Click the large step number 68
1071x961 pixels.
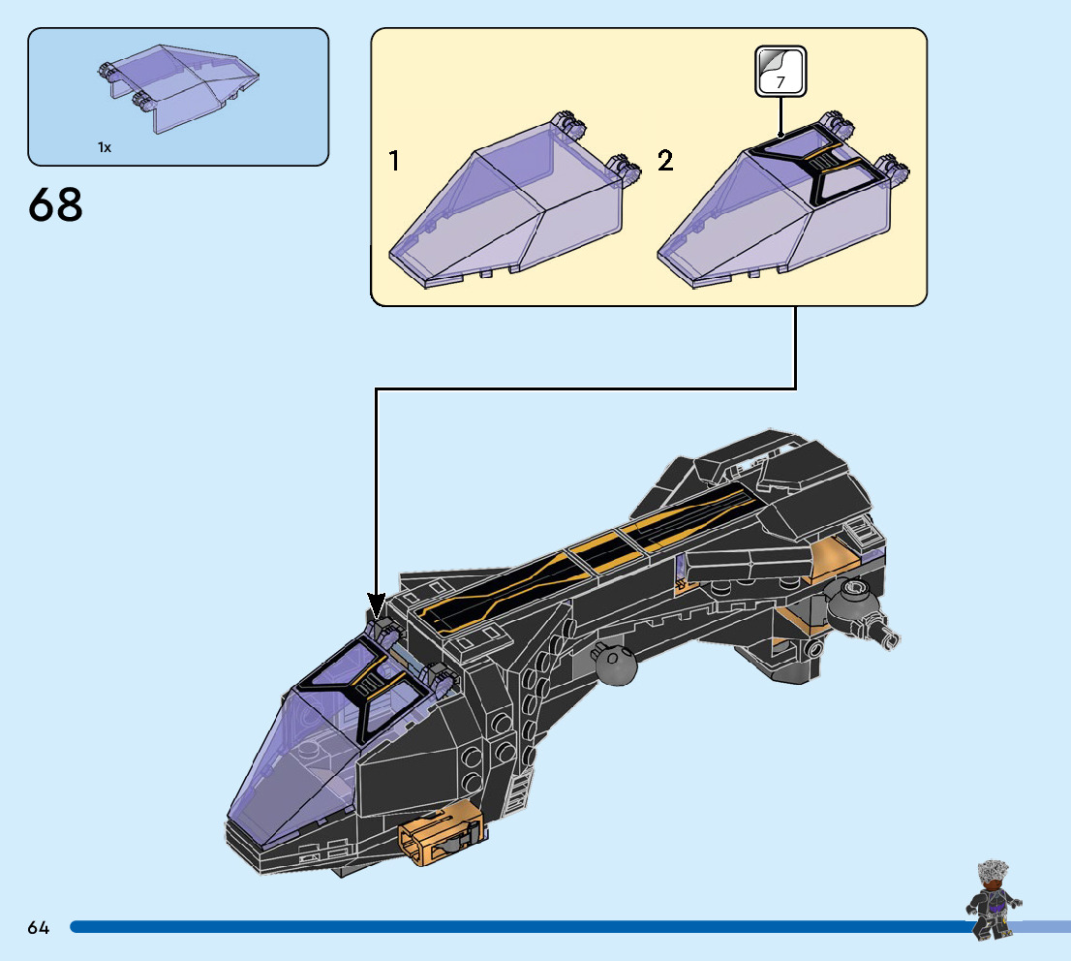click(56, 204)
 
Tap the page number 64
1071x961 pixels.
click(39, 928)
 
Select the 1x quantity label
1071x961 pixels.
click(105, 147)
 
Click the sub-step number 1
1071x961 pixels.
click(394, 161)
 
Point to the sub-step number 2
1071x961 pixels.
click(665, 161)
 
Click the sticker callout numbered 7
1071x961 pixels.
click(780, 72)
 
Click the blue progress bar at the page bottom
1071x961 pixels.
click(523, 927)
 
